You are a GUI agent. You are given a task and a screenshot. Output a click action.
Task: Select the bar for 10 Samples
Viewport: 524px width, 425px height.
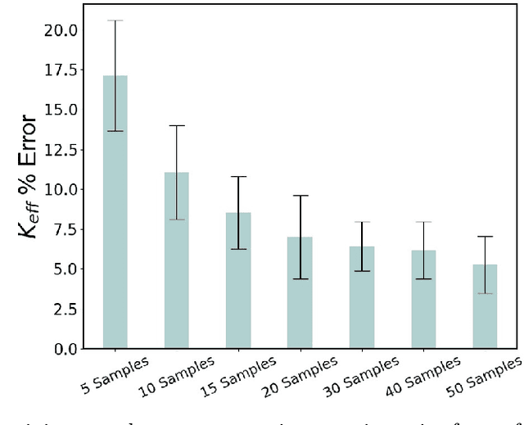pyautogui.click(x=177, y=260)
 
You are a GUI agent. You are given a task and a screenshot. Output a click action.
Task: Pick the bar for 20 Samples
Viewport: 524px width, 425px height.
pyautogui.click(x=300, y=292)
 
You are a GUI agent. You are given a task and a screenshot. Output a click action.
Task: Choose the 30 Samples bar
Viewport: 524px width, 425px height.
pyautogui.click(x=362, y=297)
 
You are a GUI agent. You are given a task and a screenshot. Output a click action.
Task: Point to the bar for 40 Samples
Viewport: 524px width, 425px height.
pyautogui.click(x=423, y=299)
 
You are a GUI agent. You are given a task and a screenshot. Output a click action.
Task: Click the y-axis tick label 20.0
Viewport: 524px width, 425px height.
pyautogui.click(x=61, y=30)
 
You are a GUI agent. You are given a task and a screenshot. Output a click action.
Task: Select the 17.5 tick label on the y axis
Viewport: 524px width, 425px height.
pyautogui.click(x=61, y=70)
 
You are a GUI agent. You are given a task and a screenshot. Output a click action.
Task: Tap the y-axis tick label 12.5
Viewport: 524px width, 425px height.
pyautogui.click(x=61, y=150)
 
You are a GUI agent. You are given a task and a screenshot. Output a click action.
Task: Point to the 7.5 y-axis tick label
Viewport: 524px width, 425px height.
pyautogui.click(x=65, y=229)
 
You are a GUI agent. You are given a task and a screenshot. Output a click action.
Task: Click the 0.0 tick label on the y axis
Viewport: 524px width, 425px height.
pyautogui.click(x=65, y=349)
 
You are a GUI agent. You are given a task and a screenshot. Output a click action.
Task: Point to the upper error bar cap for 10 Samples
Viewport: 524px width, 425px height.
pyautogui.click(x=177, y=125)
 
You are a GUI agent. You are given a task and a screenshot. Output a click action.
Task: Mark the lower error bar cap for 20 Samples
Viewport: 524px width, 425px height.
pyautogui.click(x=300, y=279)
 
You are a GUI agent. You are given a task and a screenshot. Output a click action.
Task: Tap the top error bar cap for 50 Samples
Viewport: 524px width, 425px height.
pyautogui.click(x=485, y=237)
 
